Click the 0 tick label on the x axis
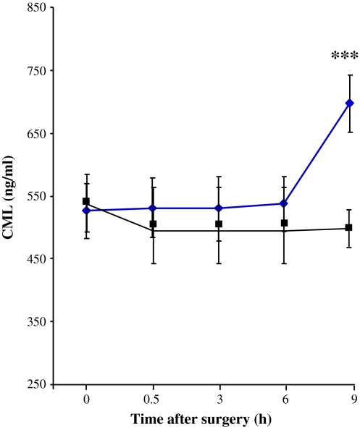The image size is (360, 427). tap(86, 398)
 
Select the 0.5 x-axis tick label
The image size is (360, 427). tap(152, 398)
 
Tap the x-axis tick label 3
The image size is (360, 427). tap(218, 398)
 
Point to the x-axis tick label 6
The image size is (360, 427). tap(284, 398)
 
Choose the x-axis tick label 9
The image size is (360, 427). tap(350, 398)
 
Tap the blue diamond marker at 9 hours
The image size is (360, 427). tap(350, 103)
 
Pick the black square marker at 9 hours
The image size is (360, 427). tap(350, 227)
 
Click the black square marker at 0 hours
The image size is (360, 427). tap(86, 201)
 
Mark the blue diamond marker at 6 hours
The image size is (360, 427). tap(284, 203)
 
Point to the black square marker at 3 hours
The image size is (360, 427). tap(218, 224)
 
